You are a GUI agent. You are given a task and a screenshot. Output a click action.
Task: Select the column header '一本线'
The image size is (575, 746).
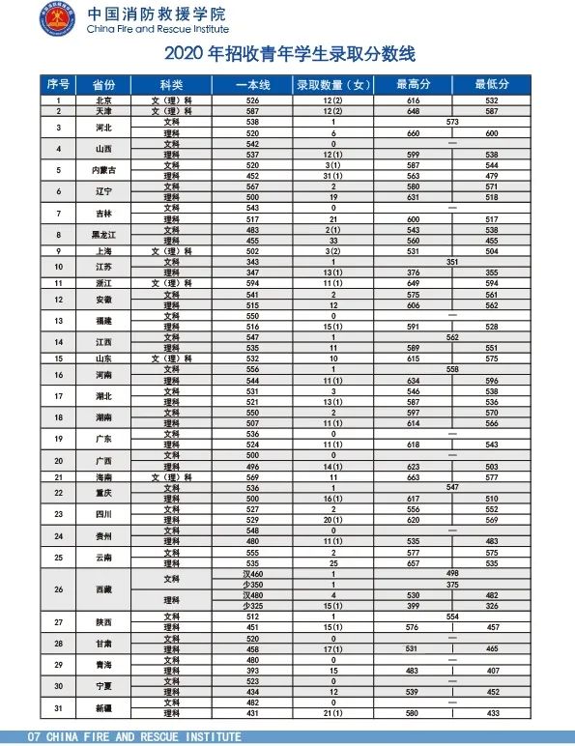(x=253, y=85)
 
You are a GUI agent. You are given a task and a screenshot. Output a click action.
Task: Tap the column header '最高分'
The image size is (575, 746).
(x=413, y=85)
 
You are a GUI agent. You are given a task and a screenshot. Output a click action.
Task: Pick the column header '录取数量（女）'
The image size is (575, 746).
(x=332, y=85)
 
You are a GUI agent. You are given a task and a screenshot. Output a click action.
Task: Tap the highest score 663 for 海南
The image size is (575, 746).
(x=413, y=477)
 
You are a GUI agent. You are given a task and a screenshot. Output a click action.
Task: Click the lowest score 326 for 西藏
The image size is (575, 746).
(x=492, y=606)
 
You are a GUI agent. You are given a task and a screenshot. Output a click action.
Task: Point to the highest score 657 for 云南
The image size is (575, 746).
(x=413, y=563)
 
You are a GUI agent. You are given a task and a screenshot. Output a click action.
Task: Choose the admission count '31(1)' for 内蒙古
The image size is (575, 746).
(x=332, y=176)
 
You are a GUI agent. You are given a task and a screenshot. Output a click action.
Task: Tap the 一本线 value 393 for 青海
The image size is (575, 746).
(x=253, y=671)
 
